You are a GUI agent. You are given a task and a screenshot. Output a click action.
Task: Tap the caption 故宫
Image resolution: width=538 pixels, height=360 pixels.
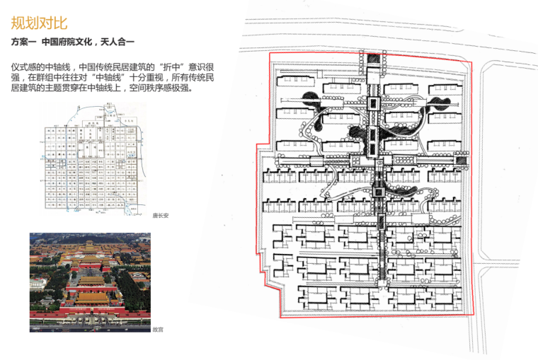tap(157, 329)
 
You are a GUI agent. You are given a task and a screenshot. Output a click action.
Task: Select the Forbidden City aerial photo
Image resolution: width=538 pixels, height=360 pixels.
tap(90, 281)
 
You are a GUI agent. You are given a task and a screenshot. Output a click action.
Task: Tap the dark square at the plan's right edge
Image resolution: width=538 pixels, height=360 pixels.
tap(461, 161)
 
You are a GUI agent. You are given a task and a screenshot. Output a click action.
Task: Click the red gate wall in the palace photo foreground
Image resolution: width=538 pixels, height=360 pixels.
tap(90, 312)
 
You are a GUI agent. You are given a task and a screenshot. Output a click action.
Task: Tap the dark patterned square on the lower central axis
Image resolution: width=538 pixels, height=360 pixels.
tap(377, 189)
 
